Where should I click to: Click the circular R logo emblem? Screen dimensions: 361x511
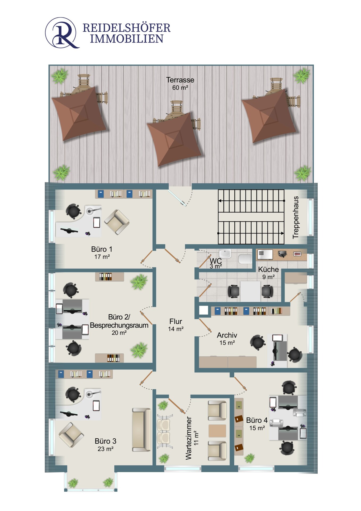click(62, 33)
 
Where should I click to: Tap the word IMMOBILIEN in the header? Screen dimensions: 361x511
click(127, 39)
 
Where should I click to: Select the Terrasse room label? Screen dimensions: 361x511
click(180, 80)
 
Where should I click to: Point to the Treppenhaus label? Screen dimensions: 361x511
click(296, 217)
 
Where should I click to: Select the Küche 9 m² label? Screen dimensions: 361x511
click(268, 273)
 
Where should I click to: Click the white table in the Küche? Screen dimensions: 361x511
click(250, 291)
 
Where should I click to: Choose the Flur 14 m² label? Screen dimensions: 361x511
click(176, 325)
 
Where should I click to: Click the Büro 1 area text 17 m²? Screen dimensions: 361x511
click(102, 257)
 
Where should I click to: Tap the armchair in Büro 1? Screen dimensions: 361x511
click(117, 222)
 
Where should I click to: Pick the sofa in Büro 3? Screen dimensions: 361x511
click(142, 430)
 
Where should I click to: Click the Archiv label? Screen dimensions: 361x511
click(227, 335)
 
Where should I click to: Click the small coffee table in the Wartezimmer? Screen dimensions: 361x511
click(217, 431)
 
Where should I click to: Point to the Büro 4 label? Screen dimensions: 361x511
click(257, 420)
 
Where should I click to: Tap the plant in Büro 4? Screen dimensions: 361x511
click(250, 458)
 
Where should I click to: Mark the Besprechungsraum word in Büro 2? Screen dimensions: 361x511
click(119, 325)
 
